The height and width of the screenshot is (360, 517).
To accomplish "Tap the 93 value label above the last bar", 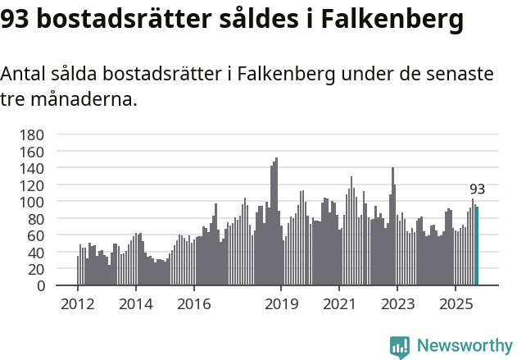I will [477, 189].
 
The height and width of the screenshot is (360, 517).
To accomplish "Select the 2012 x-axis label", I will [78, 304].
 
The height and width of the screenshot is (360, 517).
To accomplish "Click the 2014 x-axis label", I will [136, 304].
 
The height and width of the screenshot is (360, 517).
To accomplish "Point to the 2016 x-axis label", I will [193, 304].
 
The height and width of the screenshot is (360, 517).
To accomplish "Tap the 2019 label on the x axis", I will [281, 304].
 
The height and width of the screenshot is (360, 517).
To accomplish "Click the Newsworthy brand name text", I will [464, 346].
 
